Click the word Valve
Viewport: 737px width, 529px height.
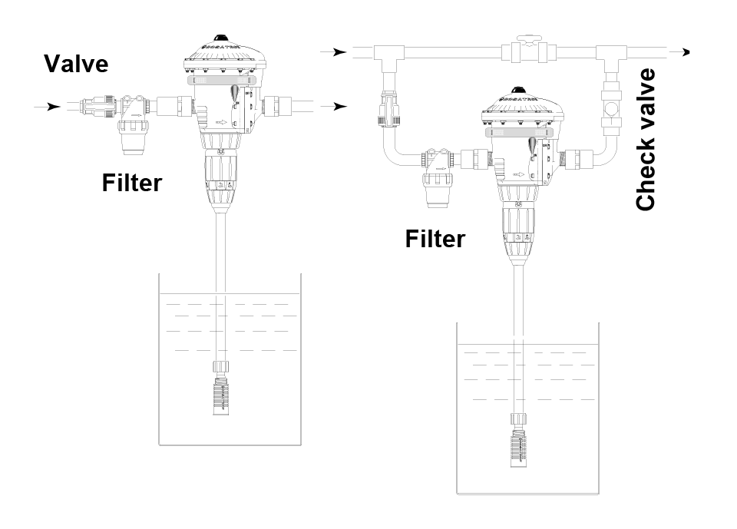coord(76,63)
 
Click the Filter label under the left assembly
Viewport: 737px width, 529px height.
coord(131,183)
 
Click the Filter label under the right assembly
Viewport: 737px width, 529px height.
coord(435,239)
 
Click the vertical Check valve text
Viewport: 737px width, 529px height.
coord(646,139)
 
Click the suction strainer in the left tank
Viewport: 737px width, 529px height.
coord(221,395)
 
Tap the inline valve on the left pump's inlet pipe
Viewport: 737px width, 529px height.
coord(100,106)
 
